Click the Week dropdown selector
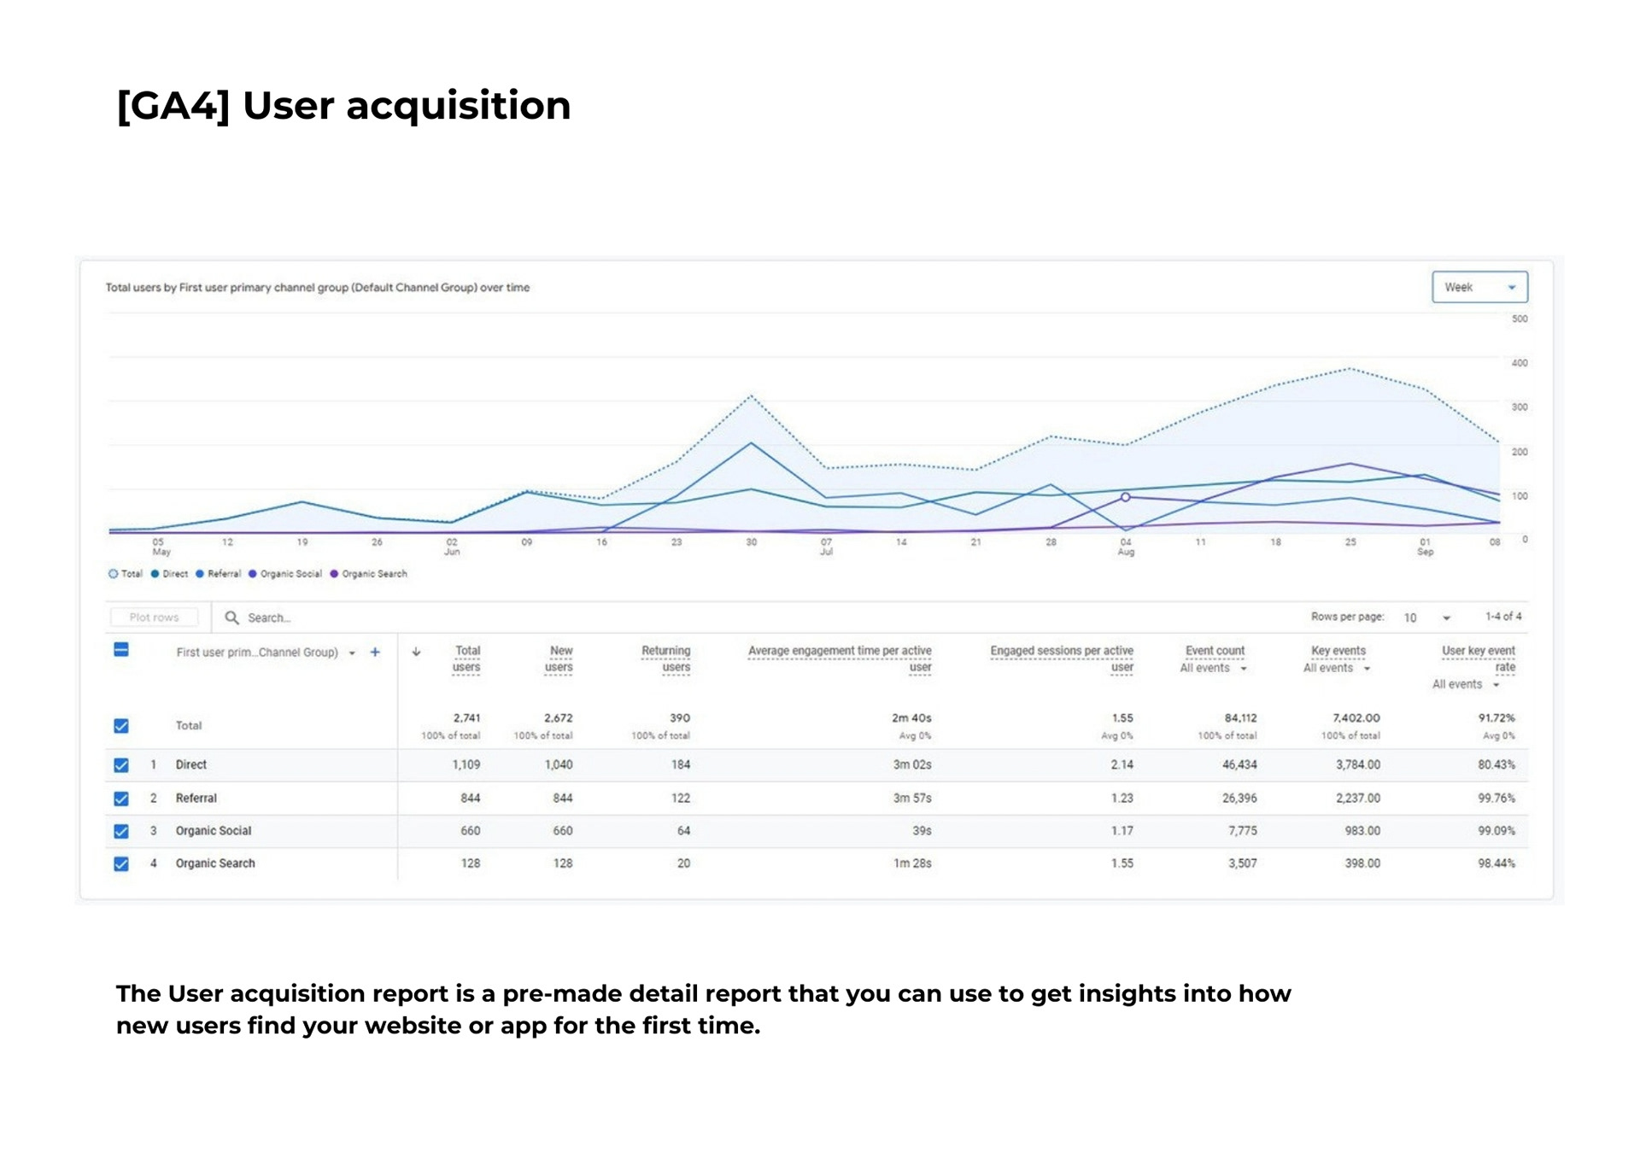(x=1479, y=287)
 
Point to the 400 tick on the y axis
(x=1519, y=363)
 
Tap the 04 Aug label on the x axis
(x=1126, y=547)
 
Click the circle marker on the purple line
(x=1126, y=497)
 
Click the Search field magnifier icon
(x=231, y=618)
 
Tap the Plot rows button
(x=154, y=618)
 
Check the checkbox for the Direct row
(x=121, y=765)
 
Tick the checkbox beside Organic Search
(x=121, y=863)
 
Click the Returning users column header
(x=666, y=659)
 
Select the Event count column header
(x=1215, y=651)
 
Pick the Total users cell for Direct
(x=466, y=765)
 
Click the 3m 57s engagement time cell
(x=912, y=798)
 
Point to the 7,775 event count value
(x=1242, y=831)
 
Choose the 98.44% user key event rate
(x=1496, y=863)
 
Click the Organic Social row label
(x=214, y=831)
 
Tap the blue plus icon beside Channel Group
(x=375, y=653)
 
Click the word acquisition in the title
(x=458, y=107)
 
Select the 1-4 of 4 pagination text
(x=1503, y=617)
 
